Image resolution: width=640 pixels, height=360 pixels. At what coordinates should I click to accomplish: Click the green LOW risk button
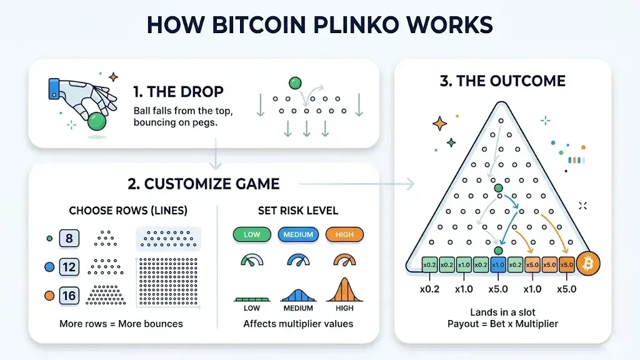(252, 235)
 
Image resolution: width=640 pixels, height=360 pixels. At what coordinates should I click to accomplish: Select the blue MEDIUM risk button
(298, 235)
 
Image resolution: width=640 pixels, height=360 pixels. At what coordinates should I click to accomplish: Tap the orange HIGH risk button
(344, 235)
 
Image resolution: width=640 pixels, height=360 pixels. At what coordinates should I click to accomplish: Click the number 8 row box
(69, 238)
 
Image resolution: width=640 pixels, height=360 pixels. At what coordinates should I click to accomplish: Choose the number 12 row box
(69, 267)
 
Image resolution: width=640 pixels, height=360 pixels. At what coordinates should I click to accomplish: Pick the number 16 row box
(69, 296)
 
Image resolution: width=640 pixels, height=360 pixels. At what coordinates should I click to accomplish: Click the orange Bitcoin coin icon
(588, 264)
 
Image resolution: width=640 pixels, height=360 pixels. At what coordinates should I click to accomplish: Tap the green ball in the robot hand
(97, 122)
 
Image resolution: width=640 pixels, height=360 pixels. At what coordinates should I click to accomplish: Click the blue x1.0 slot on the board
(498, 265)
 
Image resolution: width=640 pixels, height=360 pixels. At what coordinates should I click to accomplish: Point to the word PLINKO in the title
(356, 24)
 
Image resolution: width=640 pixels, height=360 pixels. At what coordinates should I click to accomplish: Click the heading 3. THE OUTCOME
(502, 81)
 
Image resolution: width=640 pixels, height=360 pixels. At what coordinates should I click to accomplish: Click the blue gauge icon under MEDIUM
(298, 260)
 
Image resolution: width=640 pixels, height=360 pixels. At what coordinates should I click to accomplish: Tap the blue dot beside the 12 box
(49, 267)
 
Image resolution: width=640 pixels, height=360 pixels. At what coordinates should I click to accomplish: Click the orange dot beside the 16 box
(49, 296)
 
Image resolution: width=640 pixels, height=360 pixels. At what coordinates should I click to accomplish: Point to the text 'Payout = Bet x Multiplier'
(502, 324)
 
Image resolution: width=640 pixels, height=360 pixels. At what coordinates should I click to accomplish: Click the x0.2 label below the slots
(429, 289)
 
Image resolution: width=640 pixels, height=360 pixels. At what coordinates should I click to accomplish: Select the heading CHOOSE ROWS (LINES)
(128, 211)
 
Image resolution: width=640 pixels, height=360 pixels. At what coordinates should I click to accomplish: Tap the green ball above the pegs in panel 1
(295, 83)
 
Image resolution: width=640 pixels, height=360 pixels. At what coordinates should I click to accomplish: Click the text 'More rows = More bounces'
(121, 324)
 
